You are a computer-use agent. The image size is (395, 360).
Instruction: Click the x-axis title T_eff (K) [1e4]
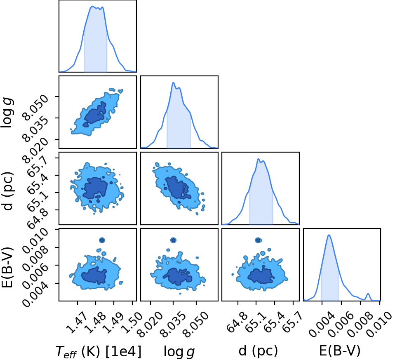click(x=99, y=351)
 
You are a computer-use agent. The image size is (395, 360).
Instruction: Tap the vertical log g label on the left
click(x=8, y=113)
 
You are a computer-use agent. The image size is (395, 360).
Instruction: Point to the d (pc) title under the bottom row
click(x=258, y=351)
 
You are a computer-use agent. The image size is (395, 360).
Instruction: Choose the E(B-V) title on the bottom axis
click(x=340, y=351)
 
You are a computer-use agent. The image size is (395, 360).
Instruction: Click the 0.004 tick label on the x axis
click(x=321, y=325)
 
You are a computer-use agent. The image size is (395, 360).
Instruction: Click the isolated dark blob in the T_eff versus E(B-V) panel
click(x=102, y=240)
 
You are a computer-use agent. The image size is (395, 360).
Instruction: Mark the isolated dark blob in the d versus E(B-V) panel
click(x=258, y=240)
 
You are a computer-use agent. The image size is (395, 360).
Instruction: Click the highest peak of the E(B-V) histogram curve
click(x=329, y=235)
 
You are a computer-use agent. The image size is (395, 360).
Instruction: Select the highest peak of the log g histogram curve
click(x=173, y=82)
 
